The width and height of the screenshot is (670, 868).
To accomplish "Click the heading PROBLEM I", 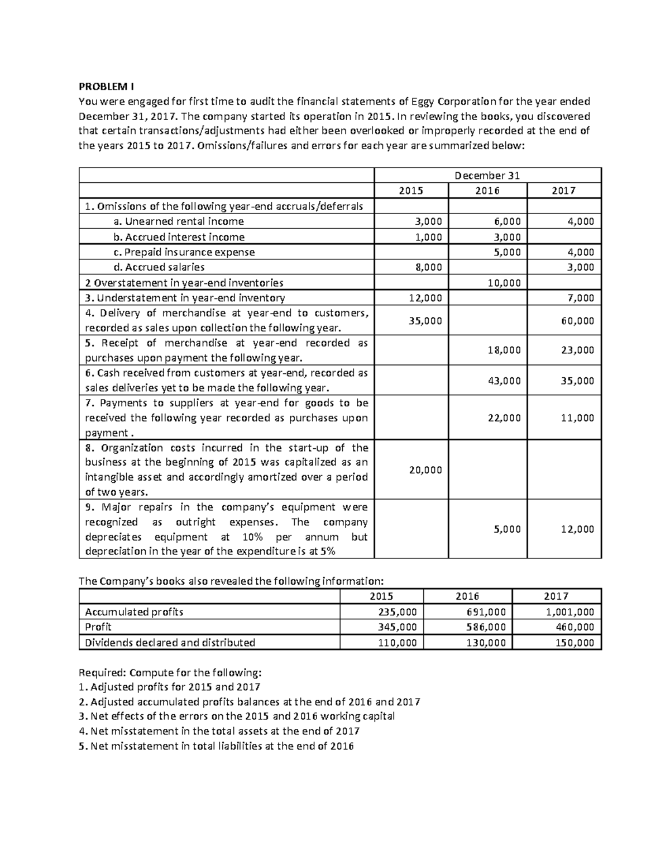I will (106, 87).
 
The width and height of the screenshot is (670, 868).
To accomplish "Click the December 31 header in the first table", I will (487, 176).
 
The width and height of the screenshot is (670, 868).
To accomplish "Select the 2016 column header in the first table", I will (487, 191).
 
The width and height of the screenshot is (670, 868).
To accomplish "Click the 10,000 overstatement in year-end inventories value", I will (504, 283).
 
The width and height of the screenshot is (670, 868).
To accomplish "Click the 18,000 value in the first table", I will (504, 350).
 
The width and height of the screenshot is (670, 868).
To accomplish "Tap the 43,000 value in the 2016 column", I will (504, 381).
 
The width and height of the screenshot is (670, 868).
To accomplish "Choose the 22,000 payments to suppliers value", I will (504, 418).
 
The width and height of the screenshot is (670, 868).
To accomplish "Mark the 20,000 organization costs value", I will (425, 470).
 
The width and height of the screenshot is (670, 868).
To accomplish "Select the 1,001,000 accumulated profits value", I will (570, 612).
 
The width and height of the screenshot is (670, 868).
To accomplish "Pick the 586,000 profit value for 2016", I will (486, 627).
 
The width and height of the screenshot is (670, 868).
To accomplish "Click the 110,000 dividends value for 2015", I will (397, 643).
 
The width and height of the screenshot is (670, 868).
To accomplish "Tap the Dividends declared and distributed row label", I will (169, 643).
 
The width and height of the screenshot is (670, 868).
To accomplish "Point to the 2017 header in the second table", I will (556, 596).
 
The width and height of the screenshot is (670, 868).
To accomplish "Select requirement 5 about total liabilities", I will (216, 746).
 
